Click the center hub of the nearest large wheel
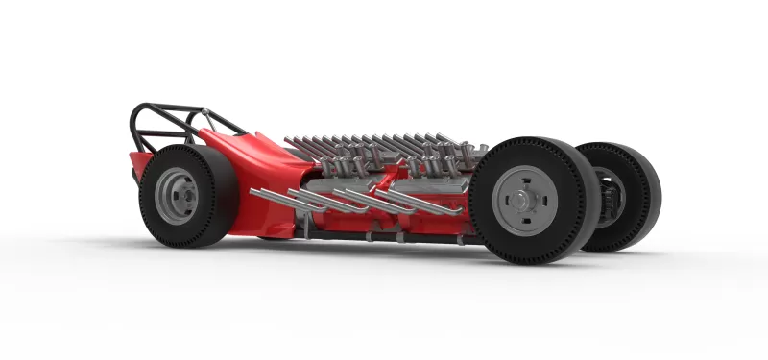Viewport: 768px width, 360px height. point(525,201)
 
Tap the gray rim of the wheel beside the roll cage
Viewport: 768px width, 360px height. point(175,196)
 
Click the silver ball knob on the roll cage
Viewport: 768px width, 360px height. point(204,114)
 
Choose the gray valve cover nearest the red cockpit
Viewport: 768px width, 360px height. point(336,180)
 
